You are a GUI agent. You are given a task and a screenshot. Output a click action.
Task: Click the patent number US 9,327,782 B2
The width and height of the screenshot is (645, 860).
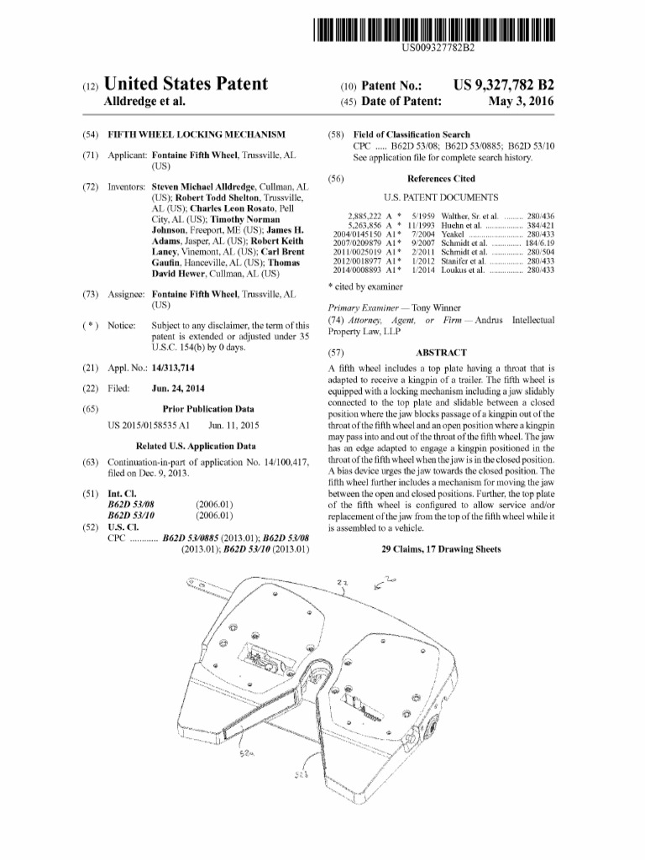(x=503, y=86)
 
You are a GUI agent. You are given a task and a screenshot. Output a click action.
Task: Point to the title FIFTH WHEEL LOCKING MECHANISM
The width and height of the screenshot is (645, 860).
(x=197, y=134)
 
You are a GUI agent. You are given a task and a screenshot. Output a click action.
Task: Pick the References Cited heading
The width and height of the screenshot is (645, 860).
(x=441, y=179)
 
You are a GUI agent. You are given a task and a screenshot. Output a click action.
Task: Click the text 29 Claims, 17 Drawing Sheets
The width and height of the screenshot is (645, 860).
(x=441, y=548)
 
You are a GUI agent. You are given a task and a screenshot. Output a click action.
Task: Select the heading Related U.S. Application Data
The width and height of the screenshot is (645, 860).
(x=196, y=446)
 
